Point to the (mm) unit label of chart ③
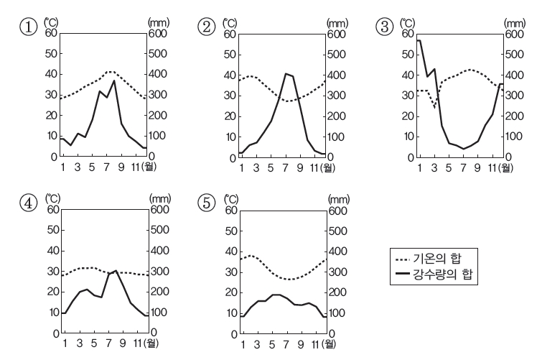pyautogui.click(x=514, y=24)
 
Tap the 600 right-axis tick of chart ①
pyautogui.click(x=158, y=33)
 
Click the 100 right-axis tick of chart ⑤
pyautogui.click(x=337, y=313)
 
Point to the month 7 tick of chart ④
pyautogui.click(x=108, y=343)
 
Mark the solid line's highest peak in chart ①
pyautogui.click(x=113, y=80)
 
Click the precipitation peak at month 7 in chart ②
pyautogui.click(x=286, y=73)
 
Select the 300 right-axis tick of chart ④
pyautogui.click(x=157, y=272)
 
